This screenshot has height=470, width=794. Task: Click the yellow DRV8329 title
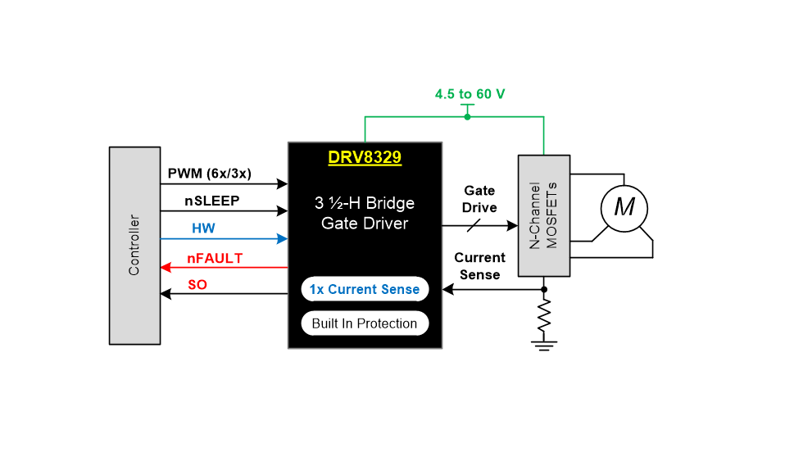pos(365,157)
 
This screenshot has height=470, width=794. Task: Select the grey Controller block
pos(135,245)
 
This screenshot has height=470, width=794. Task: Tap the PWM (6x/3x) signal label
pos(209,174)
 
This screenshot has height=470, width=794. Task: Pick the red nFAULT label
pos(215,258)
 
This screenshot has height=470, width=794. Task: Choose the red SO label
pos(197,284)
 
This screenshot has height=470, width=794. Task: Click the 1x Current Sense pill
pos(365,289)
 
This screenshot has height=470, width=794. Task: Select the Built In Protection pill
pos(365,323)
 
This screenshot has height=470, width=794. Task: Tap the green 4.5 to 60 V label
pos(470,94)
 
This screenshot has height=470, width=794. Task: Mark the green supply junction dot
pos(467,117)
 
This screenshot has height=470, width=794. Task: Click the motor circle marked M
pos(624,207)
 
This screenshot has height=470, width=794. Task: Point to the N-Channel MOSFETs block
pos(544,215)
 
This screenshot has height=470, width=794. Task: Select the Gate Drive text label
pos(479,199)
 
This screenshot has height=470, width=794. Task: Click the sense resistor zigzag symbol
pos(544,315)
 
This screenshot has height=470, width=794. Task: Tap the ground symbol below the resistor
pos(544,344)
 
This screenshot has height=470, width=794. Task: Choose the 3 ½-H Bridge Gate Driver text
pos(365,213)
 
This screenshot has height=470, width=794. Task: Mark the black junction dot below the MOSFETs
pos(544,289)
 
